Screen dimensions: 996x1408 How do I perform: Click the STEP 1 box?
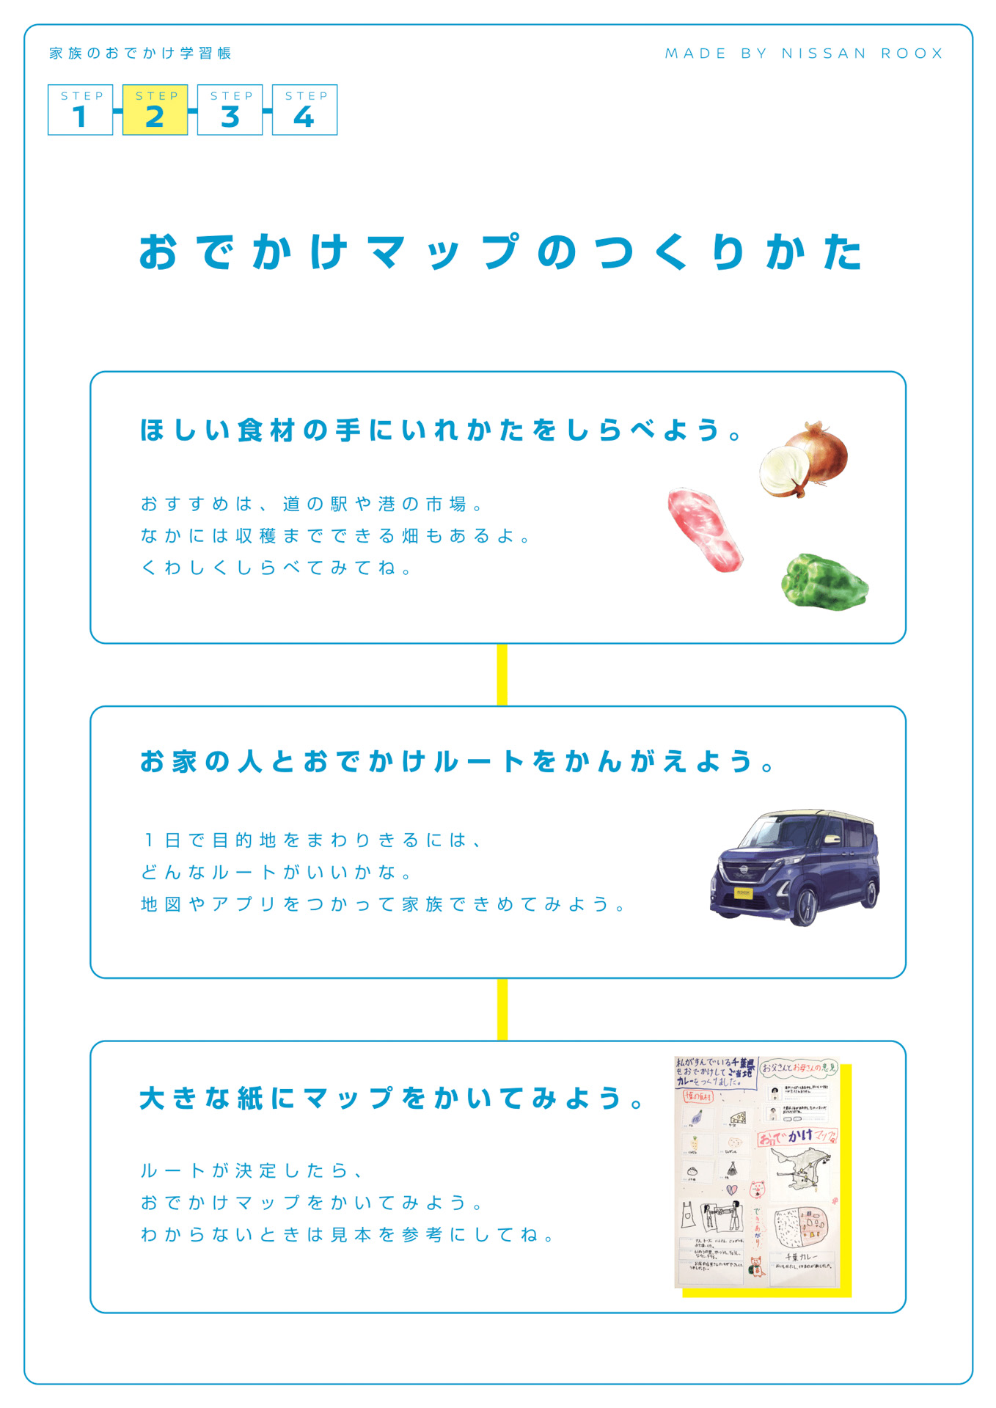tap(81, 110)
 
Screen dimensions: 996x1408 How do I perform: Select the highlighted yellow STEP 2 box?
tap(155, 110)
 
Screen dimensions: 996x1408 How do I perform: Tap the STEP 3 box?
tap(230, 110)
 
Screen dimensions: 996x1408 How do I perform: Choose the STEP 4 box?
tap(304, 110)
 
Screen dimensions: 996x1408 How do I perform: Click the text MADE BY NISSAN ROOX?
tap(804, 54)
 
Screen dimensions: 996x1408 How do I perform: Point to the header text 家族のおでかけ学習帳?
tap(141, 54)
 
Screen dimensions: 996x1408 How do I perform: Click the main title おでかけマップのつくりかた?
tap(501, 252)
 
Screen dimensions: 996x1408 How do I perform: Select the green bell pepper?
tap(824, 582)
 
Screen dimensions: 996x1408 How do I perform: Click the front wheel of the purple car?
tap(806, 906)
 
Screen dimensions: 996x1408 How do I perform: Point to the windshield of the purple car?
tap(775, 832)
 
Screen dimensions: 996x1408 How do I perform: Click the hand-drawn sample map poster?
tap(756, 1172)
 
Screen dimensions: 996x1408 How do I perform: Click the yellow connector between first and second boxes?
tap(502, 675)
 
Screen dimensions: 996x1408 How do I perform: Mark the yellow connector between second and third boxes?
tap(502, 1009)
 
